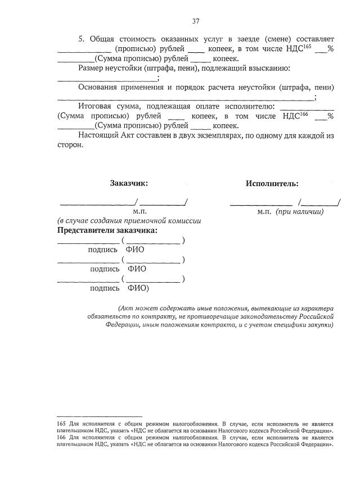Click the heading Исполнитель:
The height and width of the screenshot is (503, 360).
tap(272, 183)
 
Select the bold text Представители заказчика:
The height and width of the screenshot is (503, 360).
tap(107, 230)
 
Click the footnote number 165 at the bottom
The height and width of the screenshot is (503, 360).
tap(61, 423)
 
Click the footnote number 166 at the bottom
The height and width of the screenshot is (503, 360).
tap(61, 437)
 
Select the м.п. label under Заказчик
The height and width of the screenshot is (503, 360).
tap(139, 212)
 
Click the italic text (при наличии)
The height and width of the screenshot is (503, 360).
tap(299, 212)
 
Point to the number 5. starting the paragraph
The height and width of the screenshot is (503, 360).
tap(81, 39)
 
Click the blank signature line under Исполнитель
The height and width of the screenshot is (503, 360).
tap(261, 203)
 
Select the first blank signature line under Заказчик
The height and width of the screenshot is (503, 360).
tap(97, 203)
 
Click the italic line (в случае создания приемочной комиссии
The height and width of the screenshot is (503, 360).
tap(129, 221)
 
